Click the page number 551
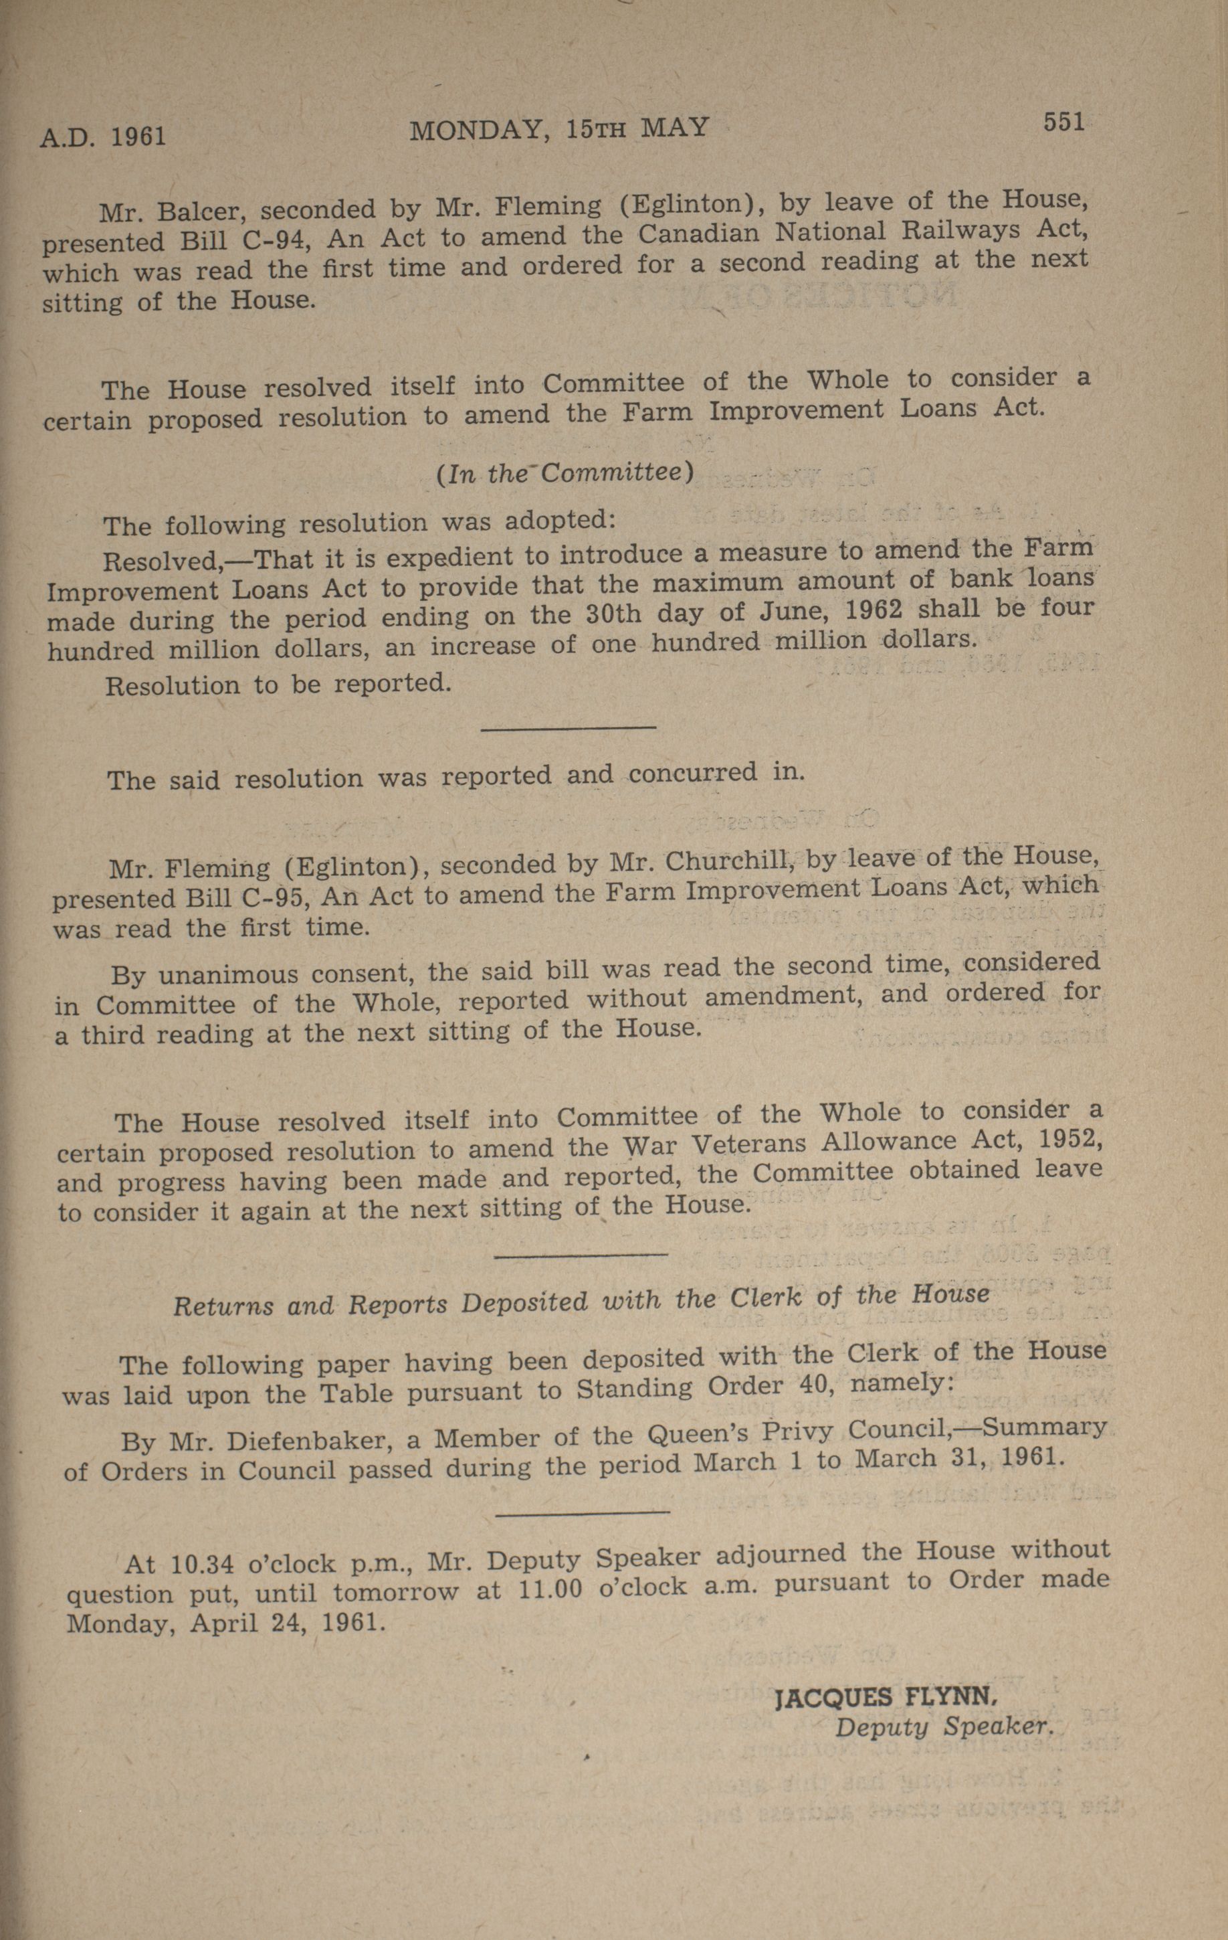1063,122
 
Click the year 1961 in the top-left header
138,136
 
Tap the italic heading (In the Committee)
565,473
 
